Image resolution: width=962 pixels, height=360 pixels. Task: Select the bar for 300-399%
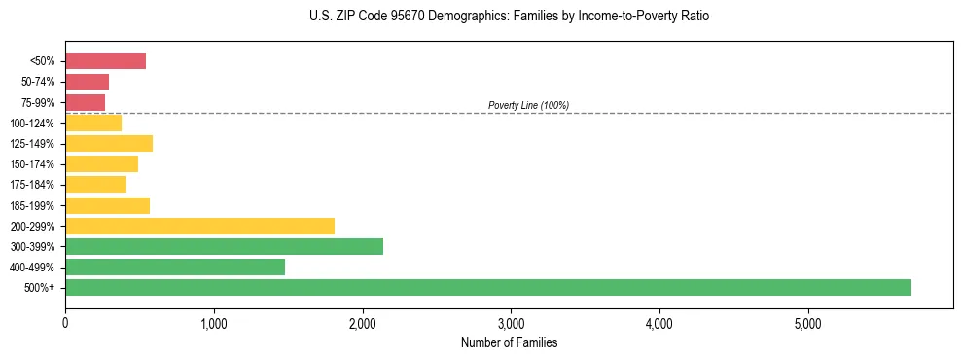pyautogui.click(x=224, y=246)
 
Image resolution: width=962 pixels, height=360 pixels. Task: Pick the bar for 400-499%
pyautogui.click(x=175, y=267)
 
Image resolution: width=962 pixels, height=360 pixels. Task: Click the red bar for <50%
pyautogui.click(x=105, y=61)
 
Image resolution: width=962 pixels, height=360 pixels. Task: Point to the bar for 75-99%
pyautogui.click(x=85, y=102)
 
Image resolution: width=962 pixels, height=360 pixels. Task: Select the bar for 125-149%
pyautogui.click(x=109, y=144)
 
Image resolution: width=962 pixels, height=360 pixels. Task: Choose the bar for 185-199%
pyautogui.click(x=107, y=205)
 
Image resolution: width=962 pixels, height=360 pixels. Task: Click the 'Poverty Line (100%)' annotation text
pyautogui.click(x=528, y=105)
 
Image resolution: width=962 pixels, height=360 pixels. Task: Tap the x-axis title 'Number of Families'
pyautogui.click(x=509, y=342)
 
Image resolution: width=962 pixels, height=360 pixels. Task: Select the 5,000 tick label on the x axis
pyautogui.click(x=807, y=323)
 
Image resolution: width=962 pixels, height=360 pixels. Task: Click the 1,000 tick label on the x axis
pyautogui.click(x=214, y=323)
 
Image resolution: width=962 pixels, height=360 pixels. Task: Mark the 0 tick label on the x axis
pyautogui.click(x=65, y=323)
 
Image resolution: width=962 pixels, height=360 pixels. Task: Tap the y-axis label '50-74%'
pyautogui.click(x=39, y=82)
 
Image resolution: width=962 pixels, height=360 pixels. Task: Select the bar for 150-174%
pyautogui.click(x=101, y=164)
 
